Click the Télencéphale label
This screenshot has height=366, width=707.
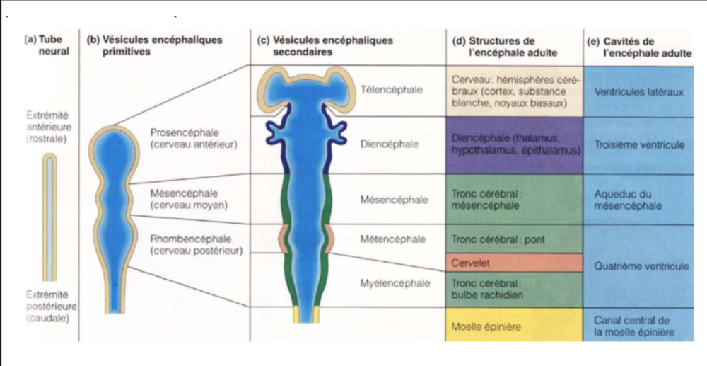pyautogui.click(x=392, y=90)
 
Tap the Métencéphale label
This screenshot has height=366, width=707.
pyautogui.click(x=393, y=239)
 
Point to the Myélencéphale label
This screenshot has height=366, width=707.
pyautogui.click(x=395, y=283)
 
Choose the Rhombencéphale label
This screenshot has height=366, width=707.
pyautogui.click(x=196, y=245)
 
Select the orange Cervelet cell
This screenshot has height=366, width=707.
pyautogui.click(x=514, y=262)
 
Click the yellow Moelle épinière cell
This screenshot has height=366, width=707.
pyautogui.click(x=514, y=326)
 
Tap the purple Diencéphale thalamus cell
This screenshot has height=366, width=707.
pyautogui.click(x=514, y=145)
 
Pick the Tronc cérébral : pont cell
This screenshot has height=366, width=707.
pyautogui.click(x=514, y=239)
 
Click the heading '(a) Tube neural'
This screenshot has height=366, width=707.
pyautogui.click(x=47, y=45)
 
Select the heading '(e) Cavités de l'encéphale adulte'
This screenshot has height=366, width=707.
pyautogui.click(x=638, y=45)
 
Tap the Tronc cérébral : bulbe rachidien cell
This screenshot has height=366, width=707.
pyautogui.click(x=514, y=290)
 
